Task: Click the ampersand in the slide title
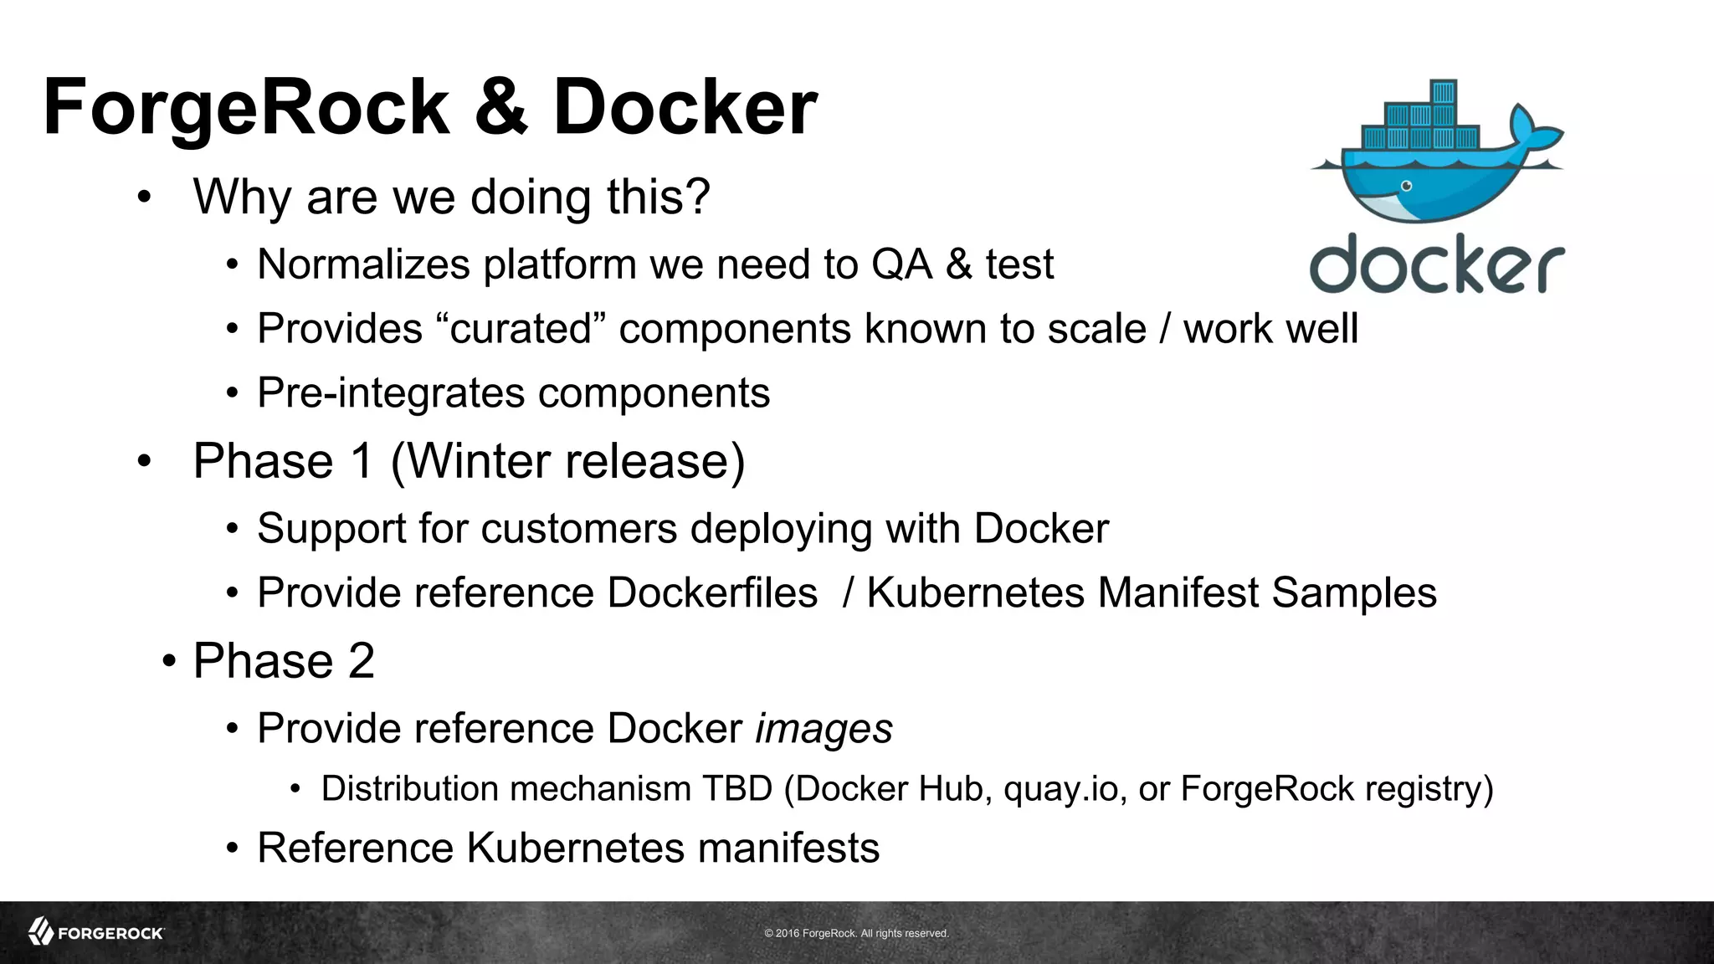(501, 107)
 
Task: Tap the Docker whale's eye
(1407, 186)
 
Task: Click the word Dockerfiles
(712, 592)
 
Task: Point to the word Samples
(1353, 592)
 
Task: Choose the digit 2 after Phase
(361, 660)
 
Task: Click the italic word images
(824, 728)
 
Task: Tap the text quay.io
(1060, 789)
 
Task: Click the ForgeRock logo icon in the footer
(41, 931)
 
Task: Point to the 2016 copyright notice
(856, 933)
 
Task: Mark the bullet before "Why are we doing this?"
(145, 198)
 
